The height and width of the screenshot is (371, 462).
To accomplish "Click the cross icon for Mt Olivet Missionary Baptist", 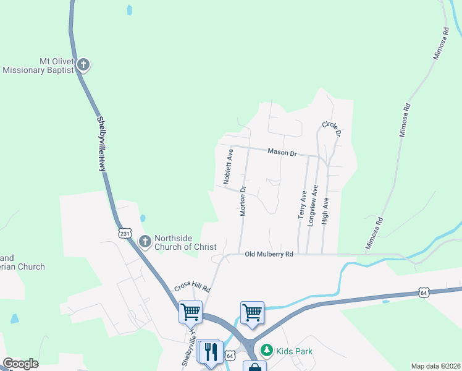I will click(x=83, y=64).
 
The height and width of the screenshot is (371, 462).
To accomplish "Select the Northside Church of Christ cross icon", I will click(x=145, y=241).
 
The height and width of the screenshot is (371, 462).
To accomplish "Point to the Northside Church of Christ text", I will click(x=185, y=242).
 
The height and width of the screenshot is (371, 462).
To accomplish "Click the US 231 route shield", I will click(x=125, y=233).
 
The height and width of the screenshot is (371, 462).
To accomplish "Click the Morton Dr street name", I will click(x=243, y=200).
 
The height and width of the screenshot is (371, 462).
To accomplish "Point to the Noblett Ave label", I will click(x=229, y=167).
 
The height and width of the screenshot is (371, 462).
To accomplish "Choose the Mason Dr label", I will click(x=282, y=152).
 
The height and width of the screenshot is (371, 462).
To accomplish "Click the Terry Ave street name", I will click(x=303, y=204).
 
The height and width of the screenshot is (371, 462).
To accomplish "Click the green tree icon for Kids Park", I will click(x=267, y=351).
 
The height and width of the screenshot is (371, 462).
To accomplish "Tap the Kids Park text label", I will click(x=294, y=351).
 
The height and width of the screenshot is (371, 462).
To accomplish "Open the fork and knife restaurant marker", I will click(x=213, y=352).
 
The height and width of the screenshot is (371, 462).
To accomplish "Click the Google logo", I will click(x=20, y=364).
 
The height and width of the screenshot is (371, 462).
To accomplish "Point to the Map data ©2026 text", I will click(x=435, y=366).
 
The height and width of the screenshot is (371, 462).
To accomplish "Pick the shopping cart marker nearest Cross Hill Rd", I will click(x=190, y=311).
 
